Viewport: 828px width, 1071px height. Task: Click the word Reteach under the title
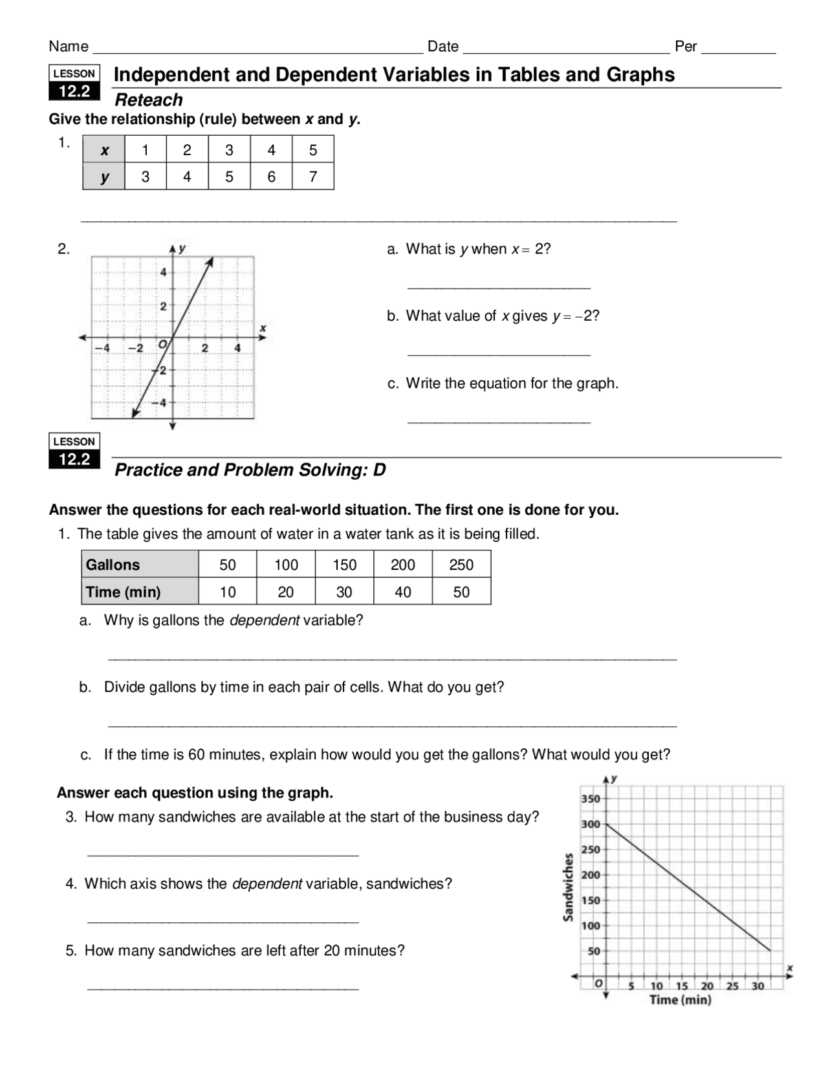pos(148,100)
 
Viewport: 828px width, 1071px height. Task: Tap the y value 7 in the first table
pos(313,177)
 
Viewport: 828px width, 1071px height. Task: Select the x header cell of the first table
pos(104,150)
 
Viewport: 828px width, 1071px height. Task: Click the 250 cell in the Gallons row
pos(461,565)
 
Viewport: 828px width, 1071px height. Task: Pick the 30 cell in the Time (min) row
pos(344,592)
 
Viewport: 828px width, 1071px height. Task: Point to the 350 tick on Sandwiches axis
pos(591,799)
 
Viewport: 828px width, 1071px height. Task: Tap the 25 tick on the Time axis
pos(732,986)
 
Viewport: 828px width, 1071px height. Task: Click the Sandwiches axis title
pos(568,887)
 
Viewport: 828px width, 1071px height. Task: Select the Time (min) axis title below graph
pos(680,1000)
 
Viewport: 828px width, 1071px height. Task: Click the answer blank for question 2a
pos(499,285)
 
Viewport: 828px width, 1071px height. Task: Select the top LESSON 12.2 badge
pos(74,83)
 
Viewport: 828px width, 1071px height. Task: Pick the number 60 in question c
pos(196,755)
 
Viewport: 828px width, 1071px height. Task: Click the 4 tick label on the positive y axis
pos(164,272)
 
